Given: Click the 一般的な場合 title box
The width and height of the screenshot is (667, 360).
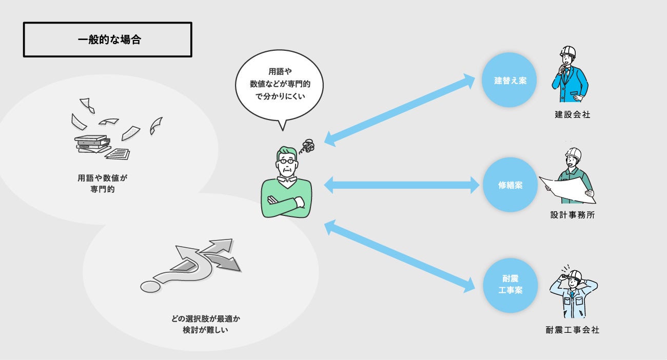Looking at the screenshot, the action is (107, 39).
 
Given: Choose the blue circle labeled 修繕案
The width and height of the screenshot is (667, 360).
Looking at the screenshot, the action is (509, 185).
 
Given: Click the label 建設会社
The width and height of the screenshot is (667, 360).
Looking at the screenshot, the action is (572, 115).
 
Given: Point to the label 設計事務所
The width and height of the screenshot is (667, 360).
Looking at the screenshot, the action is (572, 216).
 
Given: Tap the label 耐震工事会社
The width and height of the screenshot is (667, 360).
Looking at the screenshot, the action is (572, 330).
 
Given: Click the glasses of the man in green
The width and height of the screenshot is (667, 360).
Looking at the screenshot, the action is (287, 161).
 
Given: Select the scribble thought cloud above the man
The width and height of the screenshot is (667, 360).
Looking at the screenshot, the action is (308, 147).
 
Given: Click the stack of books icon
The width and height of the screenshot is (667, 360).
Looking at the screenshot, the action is (92, 144).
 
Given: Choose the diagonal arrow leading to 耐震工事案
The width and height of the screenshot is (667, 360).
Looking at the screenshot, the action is (400, 256).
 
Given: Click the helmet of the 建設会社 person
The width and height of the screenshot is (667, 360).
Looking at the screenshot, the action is (567, 52).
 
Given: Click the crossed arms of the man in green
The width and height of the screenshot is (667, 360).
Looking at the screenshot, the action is (286, 203).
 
